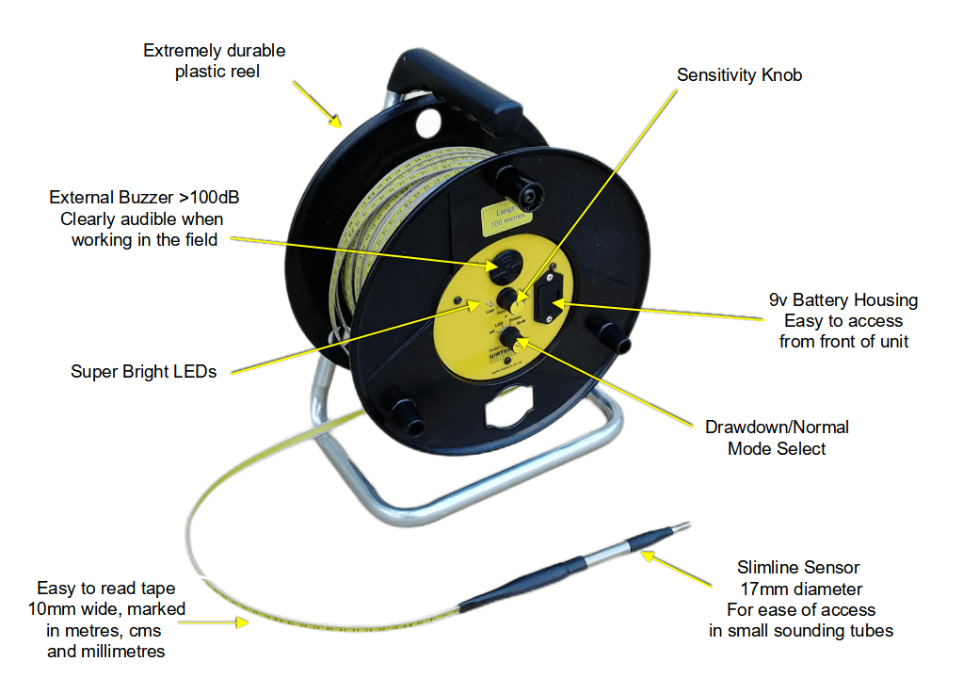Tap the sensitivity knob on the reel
point(508,299)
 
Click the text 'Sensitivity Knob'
point(739,75)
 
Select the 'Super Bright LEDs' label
point(143,371)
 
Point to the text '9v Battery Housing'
point(843,300)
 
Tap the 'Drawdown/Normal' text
point(777,427)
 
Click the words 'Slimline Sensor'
point(798,568)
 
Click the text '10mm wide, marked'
point(105,609)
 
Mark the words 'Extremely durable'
point(214,50)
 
